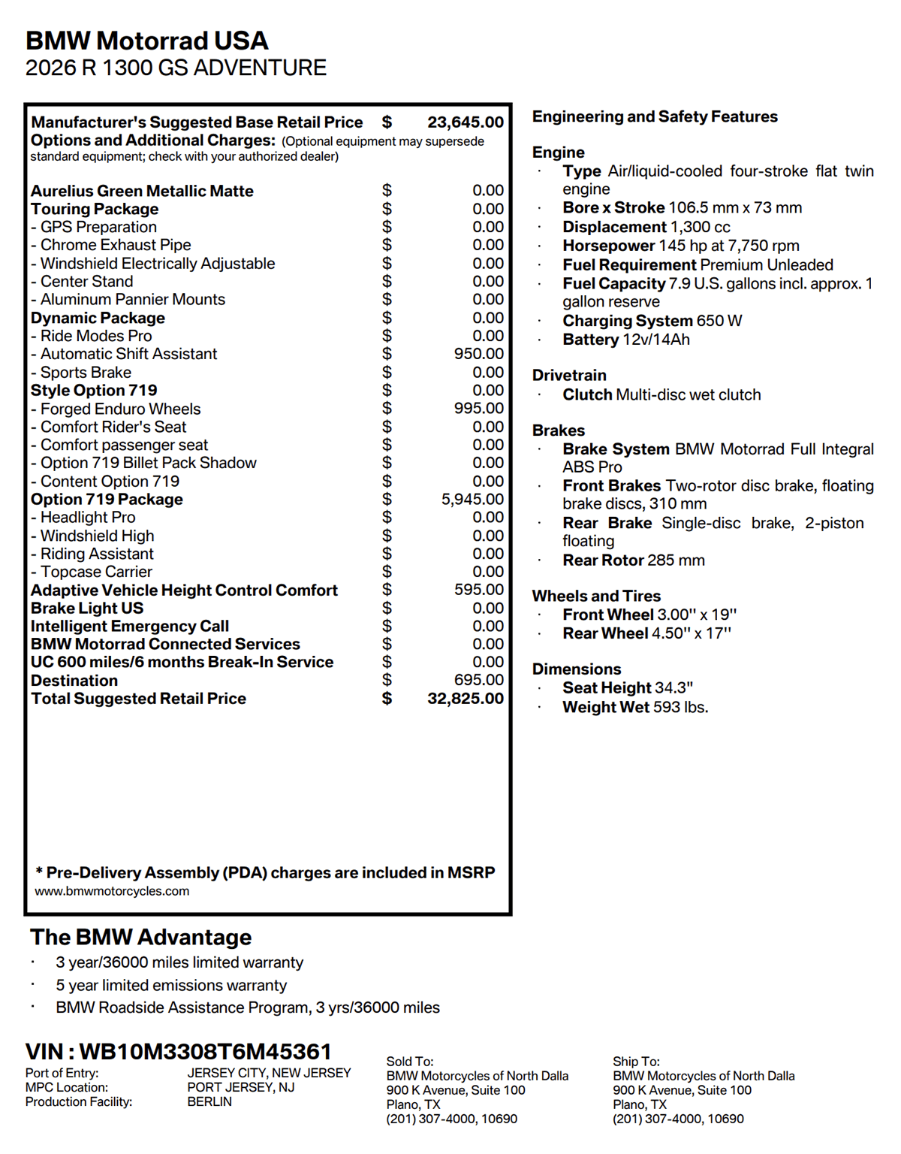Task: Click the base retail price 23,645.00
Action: [x=466, y=122]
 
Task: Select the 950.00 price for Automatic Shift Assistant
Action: [x=478, y=354]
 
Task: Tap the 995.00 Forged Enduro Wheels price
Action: [x=478, y=409]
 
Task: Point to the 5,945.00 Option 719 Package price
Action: [x=472, y=500]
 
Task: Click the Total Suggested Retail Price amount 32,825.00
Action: [x=466, y=699]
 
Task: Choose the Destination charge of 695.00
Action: [x=478, y=681]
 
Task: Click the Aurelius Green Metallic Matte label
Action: [x=142, y=192]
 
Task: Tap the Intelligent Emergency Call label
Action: [x=130, y=627]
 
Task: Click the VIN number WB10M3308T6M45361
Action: [x=205, y=1052]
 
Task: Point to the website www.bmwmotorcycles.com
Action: [x=112, y=892]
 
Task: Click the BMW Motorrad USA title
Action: [x=147, y=41]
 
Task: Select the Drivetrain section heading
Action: [x=569, y=376]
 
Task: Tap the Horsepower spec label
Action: [x=609, y=246]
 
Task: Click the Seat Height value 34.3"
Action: [x=673, y=688]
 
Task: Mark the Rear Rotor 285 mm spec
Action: [x=634, y=560]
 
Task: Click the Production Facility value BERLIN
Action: [x=209, y=1102]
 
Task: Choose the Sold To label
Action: [x=410, y=1062]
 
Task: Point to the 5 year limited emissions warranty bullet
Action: [x=171, y=986]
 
